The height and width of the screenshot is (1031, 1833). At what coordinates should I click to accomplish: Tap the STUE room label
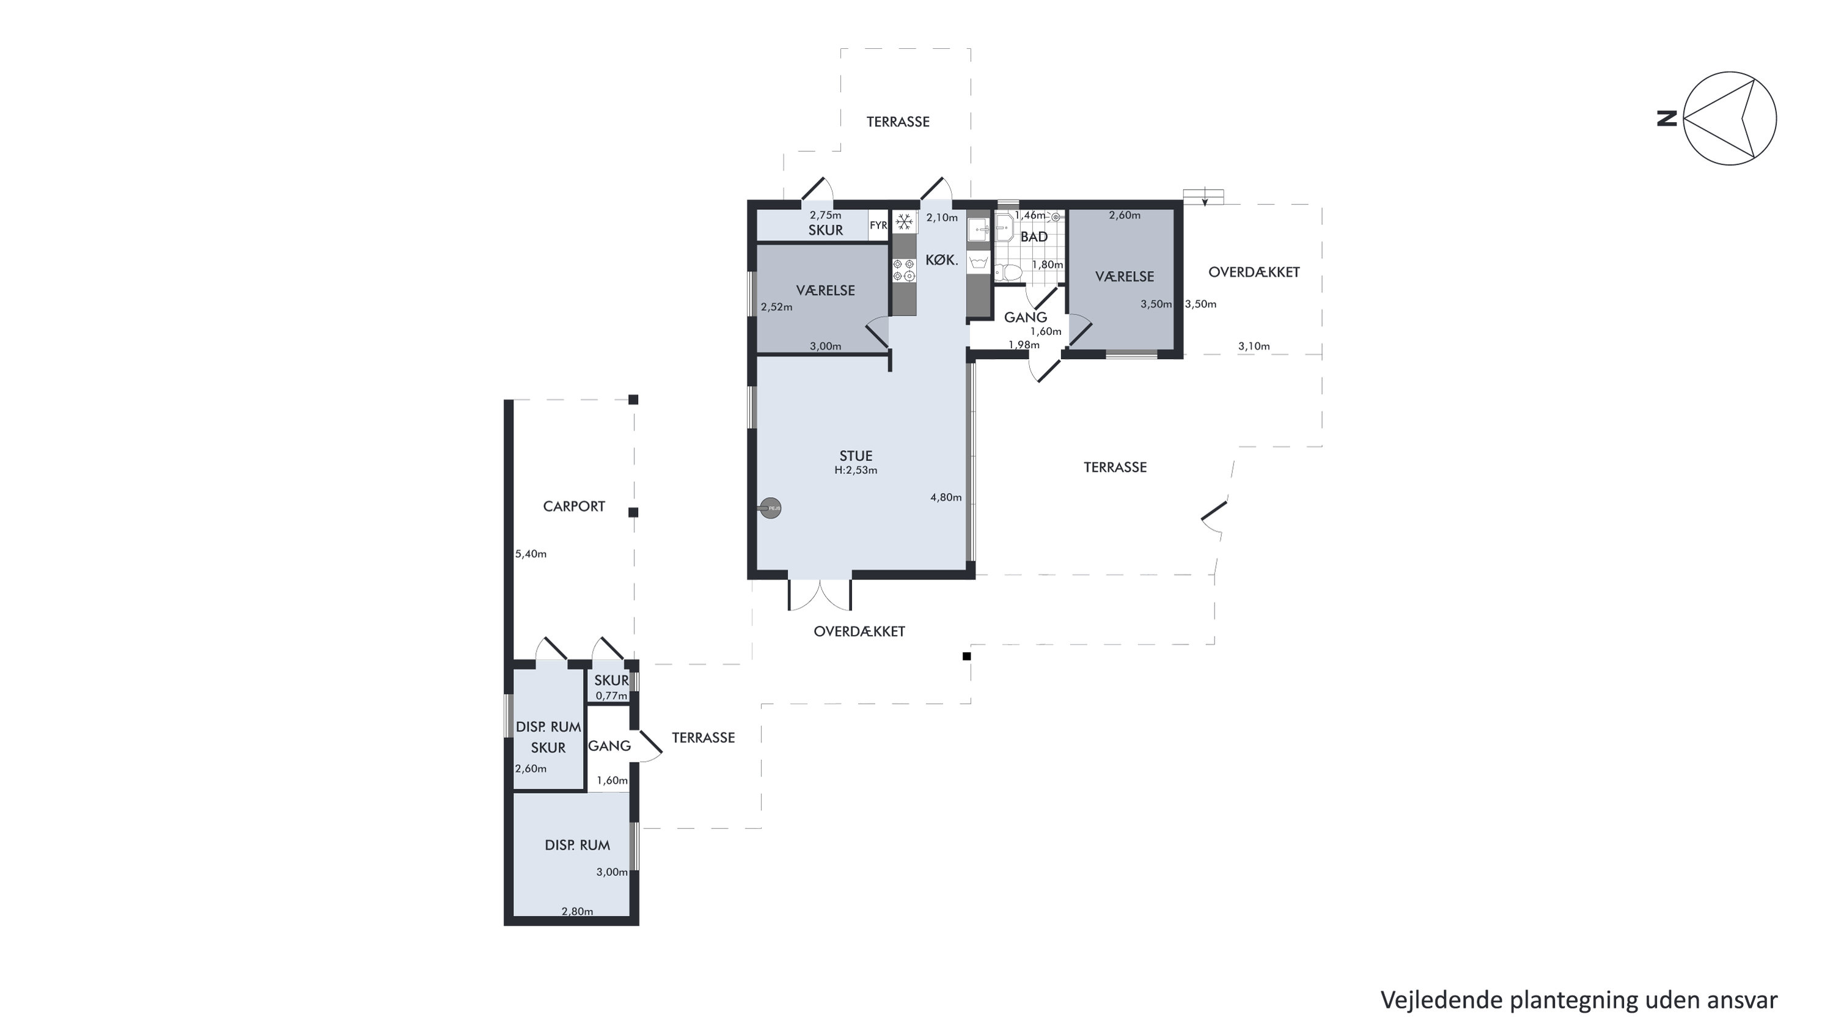(855, 456)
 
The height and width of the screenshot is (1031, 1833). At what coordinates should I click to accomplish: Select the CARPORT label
(573, 507)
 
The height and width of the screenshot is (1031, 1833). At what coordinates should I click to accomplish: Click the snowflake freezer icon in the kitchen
(905, 222)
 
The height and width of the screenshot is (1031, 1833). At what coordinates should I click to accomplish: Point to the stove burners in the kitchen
(905, 270)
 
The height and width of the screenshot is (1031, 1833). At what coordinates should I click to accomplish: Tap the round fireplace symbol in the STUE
(771, 507)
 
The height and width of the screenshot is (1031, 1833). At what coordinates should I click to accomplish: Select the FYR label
(878, 226)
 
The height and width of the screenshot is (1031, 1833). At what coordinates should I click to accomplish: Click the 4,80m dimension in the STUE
(946, 497)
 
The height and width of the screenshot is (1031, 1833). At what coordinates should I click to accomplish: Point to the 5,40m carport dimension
(531, 554)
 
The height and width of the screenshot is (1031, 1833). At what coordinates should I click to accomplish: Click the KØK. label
(941, 260)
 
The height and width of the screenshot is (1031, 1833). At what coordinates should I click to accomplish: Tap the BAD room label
(1034, 237)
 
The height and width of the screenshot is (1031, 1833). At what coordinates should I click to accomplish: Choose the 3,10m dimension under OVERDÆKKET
(1254, 347)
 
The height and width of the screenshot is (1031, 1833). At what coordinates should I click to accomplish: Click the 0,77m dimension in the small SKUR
(611, 696)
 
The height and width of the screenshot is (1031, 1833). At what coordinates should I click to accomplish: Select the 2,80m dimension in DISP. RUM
(577, 911)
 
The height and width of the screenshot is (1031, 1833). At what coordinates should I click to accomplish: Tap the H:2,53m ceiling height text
(856, 471)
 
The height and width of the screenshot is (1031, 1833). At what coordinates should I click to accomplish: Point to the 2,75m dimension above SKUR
(825, 215)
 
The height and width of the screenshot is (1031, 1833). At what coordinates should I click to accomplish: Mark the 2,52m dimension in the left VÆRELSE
(776, 307)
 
